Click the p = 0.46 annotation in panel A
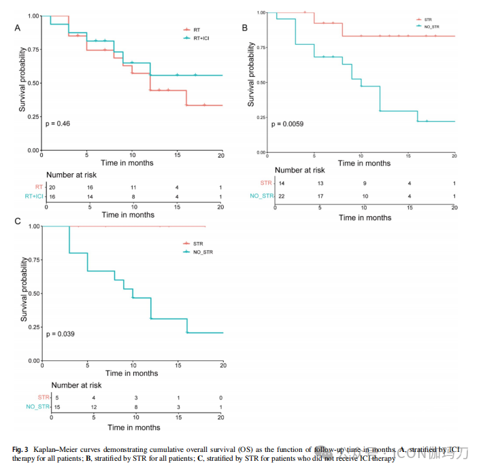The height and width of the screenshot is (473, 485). tap(58, 124)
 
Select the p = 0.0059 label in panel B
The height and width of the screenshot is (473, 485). tap(287, 124)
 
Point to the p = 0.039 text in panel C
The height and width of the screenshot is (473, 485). tap(60, 334)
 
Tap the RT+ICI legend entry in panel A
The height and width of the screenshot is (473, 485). tap(203, 39)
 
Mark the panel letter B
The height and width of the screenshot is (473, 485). tap(245, 27)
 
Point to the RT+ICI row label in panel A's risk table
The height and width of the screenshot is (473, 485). tap(30, 196)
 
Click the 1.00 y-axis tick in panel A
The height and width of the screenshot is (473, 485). tap(34, 16)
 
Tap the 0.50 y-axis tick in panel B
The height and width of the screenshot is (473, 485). tap(261, 82)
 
